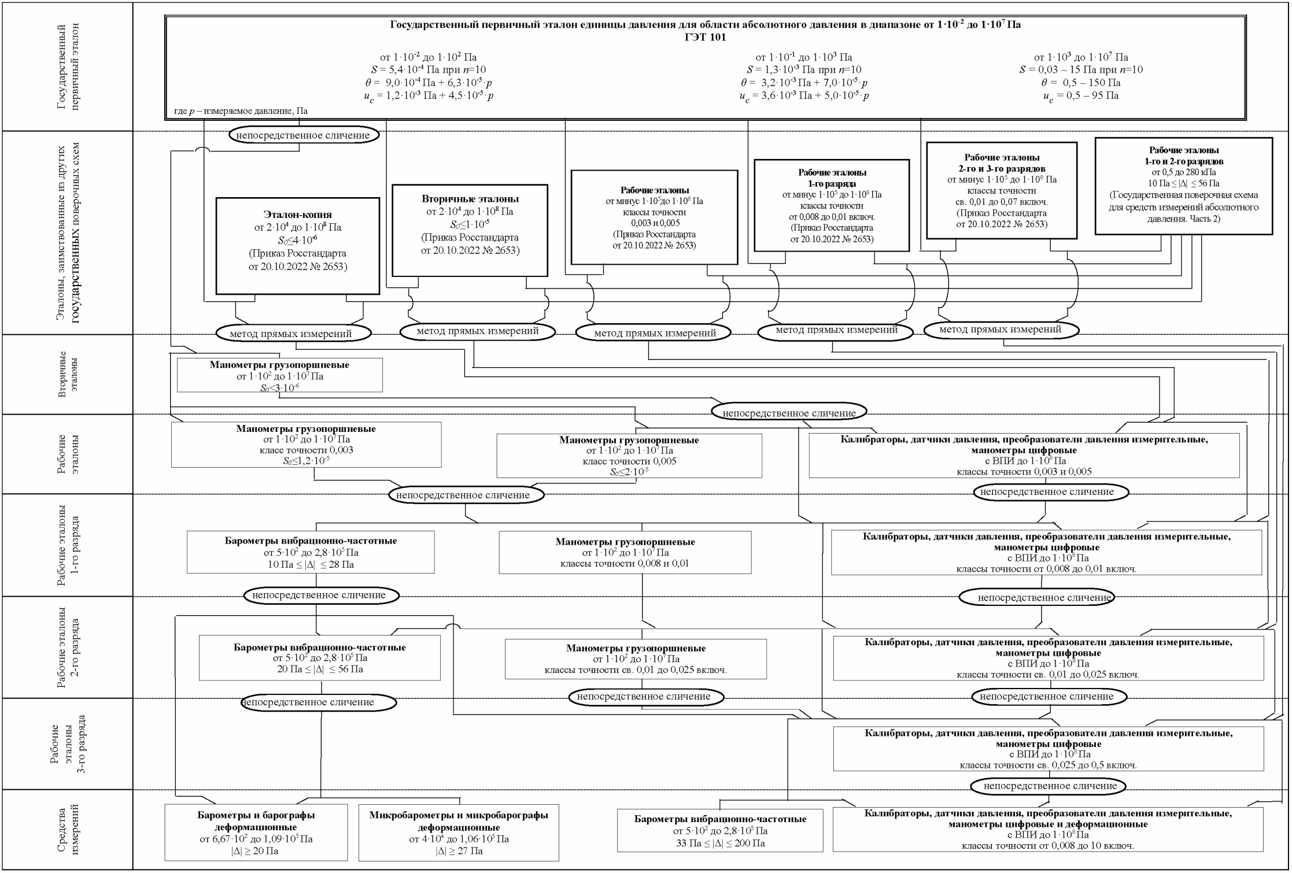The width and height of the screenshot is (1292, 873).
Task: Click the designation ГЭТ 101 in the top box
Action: tap(704, 38)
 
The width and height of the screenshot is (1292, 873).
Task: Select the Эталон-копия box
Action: tap(298, 246)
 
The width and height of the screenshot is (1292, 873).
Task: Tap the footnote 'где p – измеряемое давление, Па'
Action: tap(241, 110)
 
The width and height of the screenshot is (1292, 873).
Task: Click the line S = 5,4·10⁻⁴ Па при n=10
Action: tap(428, 70)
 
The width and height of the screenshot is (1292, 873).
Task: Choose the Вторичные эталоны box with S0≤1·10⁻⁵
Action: tap(470, 230)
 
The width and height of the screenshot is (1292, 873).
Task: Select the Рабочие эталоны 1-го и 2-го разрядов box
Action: tap(1183, 186)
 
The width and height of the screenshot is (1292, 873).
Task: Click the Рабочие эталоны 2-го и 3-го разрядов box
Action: tap(1002, 190)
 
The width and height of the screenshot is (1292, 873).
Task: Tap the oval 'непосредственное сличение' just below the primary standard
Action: tap(304, 135)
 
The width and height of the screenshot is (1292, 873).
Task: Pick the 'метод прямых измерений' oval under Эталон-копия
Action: tap(293, 334)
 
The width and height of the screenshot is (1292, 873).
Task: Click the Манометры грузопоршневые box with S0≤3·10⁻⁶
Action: tap(279, 375)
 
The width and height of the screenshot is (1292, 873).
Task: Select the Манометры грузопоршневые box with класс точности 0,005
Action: tap(629, 456)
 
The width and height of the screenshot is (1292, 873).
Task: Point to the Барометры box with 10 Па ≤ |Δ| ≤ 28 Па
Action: tap(311, 552)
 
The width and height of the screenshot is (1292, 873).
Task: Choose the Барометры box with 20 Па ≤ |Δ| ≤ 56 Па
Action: tap(319, 658)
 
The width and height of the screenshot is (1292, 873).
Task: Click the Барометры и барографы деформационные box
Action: tap(256, 833)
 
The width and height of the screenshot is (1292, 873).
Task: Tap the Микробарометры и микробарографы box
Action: tap(459, 833)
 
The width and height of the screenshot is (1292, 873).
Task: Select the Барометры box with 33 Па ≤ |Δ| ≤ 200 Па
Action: tap(720, 831)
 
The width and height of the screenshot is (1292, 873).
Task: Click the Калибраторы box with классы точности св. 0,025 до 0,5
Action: tap(1049, 749)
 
